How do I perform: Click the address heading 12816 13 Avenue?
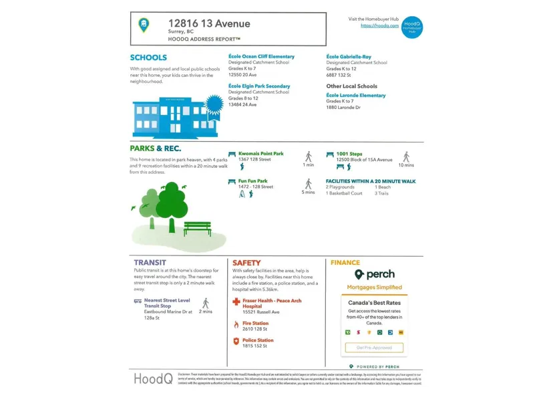click(209, 24)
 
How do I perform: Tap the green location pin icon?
click(144, 25)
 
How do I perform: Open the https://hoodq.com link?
click(375, 25)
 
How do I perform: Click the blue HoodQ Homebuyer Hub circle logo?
click(412, 27)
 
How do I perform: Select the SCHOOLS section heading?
click(148, 58)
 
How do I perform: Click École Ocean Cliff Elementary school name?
click(261, 57)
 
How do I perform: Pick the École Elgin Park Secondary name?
click(259, 86)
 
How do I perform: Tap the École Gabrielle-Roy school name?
click(349, 57)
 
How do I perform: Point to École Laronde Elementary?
click(356, 96)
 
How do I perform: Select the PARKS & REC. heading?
click(155, 148)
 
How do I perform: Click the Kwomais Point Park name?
click(260, 154)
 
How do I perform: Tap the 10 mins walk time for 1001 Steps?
click(406, 165)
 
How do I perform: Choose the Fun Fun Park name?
click(252, 181)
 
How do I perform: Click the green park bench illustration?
click(197, 228)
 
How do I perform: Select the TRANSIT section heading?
click(150, 263)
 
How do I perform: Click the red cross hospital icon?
click(236, 302)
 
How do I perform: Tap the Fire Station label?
click(256, 324)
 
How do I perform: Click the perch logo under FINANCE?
click(374, 274)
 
